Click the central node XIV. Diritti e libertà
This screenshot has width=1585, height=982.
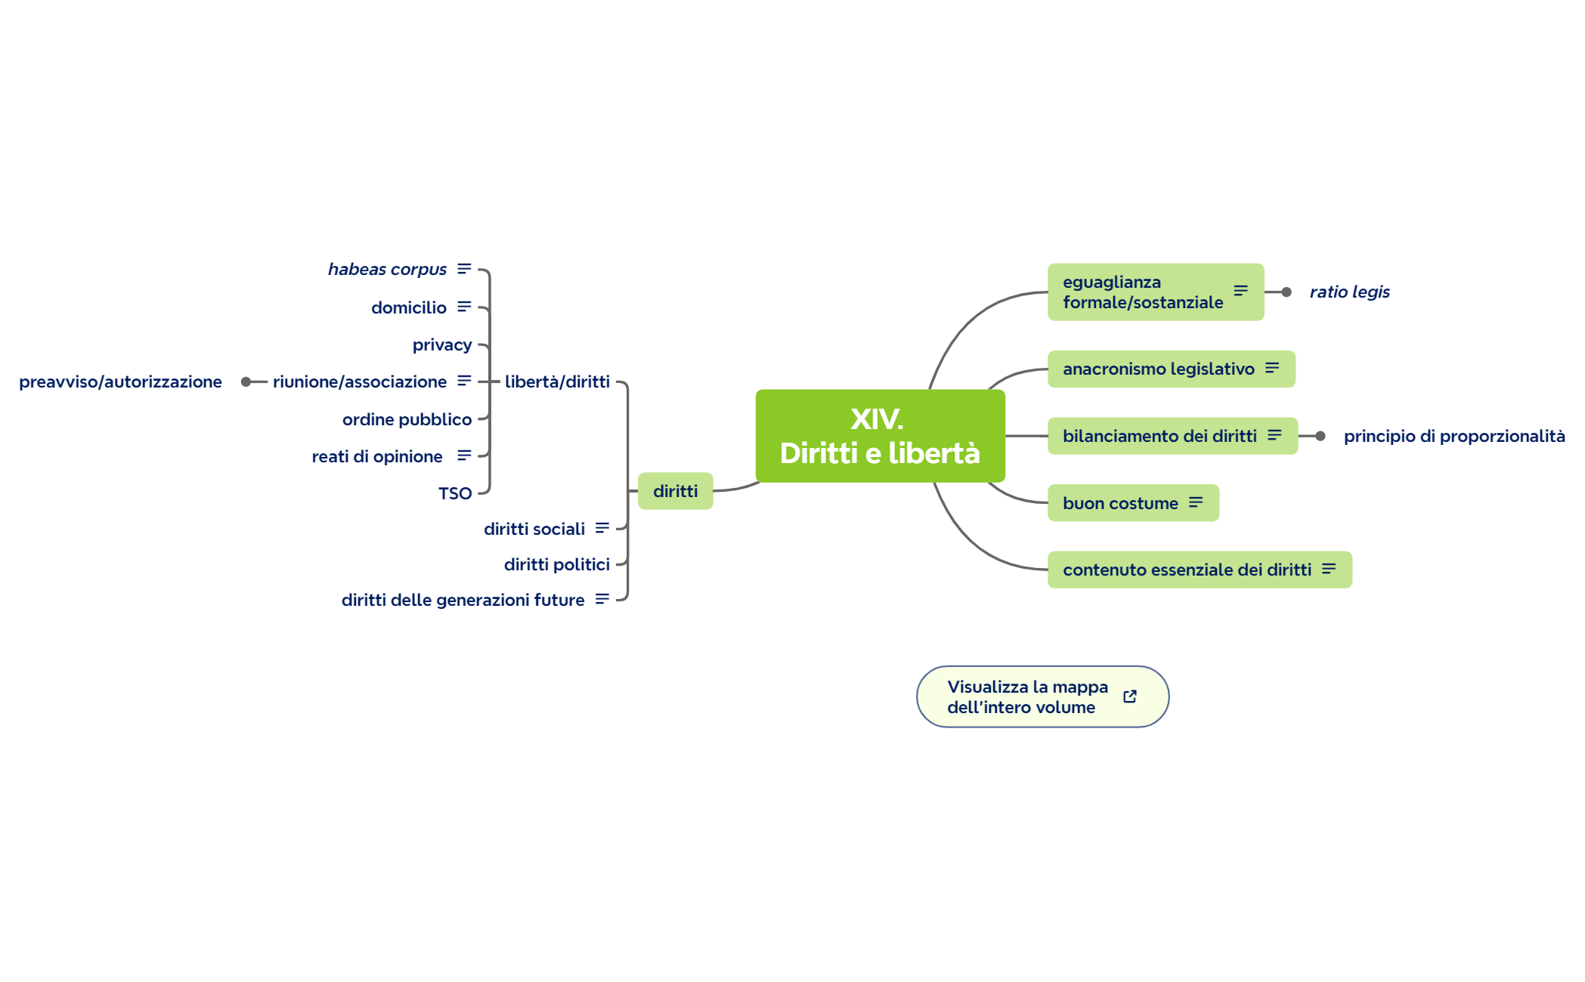point(880,436)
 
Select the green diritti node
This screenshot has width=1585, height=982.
point(675,491)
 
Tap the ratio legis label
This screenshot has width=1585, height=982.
point(1349,292)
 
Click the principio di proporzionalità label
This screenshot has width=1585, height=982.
point(1453,436)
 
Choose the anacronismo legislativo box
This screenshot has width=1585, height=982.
point(1171,369)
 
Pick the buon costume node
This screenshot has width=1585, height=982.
point(1133,503)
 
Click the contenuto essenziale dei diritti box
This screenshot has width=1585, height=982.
point(1200,570)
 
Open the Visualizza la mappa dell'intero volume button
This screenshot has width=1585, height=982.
point(1042,696)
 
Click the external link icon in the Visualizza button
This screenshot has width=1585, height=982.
point(1130,696)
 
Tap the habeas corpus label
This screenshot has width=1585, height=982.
point(387,269)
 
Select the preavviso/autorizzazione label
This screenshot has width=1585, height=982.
point(120,381)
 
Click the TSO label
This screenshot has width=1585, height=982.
point(455,493)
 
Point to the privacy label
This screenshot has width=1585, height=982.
point(442,345)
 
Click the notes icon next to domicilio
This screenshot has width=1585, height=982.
point(464,306)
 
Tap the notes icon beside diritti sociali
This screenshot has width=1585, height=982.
point(602,528)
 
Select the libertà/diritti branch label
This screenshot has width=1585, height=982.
point(557,381)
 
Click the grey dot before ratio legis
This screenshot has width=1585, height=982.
point(1286,292)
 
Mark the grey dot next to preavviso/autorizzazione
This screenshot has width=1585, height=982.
point(246,382)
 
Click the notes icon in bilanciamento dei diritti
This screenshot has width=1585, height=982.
point(1274,435)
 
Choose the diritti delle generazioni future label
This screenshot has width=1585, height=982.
point(463,600)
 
